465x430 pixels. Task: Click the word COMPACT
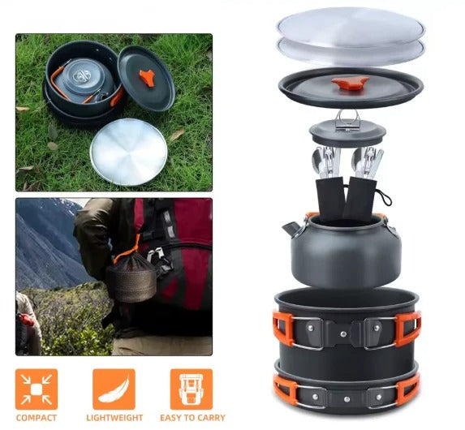[37, 418]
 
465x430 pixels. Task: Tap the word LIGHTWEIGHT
[114, 418]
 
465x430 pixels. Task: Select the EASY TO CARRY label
[192, 418]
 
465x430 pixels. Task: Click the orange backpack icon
[192, 389]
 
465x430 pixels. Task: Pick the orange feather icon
[114, 389]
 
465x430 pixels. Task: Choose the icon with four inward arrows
[37, 389]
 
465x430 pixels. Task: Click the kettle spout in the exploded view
[292, 230]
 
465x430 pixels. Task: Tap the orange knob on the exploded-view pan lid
[351, 83]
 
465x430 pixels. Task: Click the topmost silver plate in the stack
[351, 28]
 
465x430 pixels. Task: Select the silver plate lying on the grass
[129, 152]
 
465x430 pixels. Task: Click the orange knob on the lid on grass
[147, 78]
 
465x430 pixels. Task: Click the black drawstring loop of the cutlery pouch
[384, 197]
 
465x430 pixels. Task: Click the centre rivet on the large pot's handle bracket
[343, 334]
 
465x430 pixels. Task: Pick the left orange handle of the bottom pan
[286, 389]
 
